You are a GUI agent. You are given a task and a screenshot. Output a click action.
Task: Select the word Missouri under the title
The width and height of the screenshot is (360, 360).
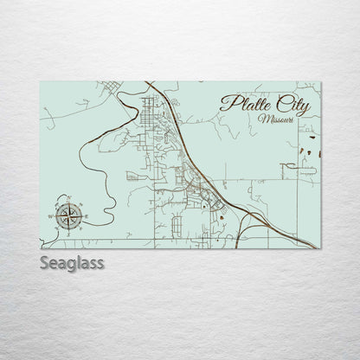tap(277, 119)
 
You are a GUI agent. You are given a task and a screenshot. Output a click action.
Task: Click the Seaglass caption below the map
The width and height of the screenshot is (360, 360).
tap(72, 261)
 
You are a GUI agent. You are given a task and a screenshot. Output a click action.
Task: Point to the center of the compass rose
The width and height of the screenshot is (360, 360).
tap(69, 213)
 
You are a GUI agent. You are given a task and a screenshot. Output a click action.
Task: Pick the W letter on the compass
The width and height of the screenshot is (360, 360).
tap(56, 213)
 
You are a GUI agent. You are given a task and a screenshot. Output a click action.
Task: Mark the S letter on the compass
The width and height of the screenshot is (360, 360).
tap(69, 227)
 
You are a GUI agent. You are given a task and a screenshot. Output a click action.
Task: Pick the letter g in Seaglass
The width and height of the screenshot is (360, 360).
tap(72, 263)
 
